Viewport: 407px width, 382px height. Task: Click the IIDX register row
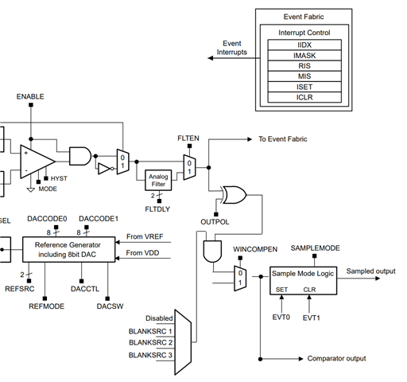tap(304, 45)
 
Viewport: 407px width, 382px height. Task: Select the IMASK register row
tap(304, 56)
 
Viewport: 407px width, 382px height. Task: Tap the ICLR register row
tap(304, 97)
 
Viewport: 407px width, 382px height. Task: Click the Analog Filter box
tap(158, 180)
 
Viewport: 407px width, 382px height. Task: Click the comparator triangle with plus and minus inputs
tap(37, 162)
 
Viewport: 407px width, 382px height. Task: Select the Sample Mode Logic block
tap(303, 281)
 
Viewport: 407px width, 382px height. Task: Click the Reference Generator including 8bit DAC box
tap(68, 249)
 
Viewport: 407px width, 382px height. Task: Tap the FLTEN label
tap(188, 138)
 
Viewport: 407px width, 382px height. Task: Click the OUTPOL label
tap(215, 222)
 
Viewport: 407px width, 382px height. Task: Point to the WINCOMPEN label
tap(255, 249)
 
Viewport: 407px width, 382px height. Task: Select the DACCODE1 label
tap(99, 219)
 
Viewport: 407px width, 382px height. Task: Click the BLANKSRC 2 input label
tap(150, 342)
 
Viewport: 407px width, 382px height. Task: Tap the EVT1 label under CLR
tap(312, 318)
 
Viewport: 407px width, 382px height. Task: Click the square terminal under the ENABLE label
tap(31, 105)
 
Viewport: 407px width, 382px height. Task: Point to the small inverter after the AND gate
tap(106, 169)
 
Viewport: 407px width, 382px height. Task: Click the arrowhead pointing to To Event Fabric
tap(250, 139)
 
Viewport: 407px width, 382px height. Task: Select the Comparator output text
tap(336, 359)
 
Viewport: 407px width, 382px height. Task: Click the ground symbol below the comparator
tap(31, 189)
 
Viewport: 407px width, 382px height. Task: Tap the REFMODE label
tap(47, 306)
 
